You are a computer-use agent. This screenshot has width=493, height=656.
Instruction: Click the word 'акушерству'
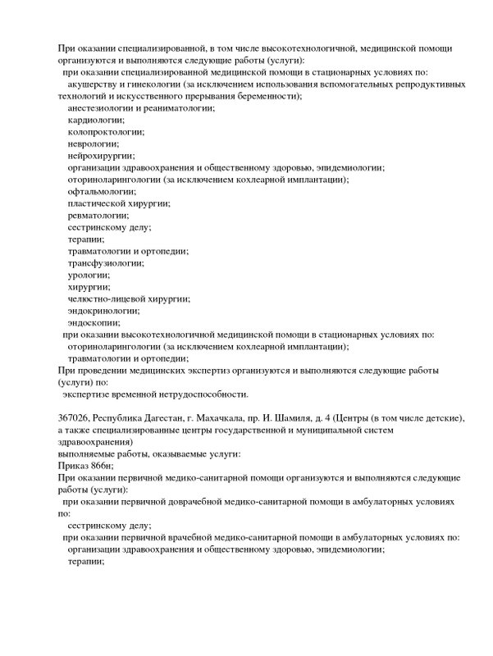(94, 84)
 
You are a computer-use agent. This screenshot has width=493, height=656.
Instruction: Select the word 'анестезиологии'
(104, 108)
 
